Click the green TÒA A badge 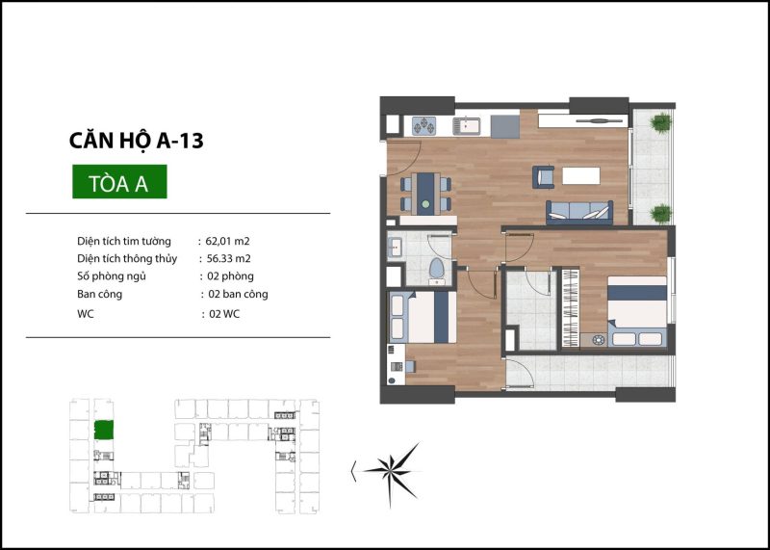tap(119, 181)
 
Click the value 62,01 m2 tap(228, 241)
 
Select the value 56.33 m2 tap(229, 258)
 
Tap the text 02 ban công tap(238, 294)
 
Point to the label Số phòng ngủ tap(112, 276)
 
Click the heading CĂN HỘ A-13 tap(136, 141)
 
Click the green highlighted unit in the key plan tap(104, 430)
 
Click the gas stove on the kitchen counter tap(423, 125)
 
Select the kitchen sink tap(467, 125)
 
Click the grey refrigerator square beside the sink tap(504, 127)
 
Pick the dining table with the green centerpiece tap(425, 194)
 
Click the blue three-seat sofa tap(579, 212)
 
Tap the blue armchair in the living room tap(543, 177)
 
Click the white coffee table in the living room tap(581, 175)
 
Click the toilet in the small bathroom tap(436, 271)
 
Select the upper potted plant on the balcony tap(660, 122)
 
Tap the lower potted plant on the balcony tap(660, 214)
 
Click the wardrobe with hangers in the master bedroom tap(571, 308)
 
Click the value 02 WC tap(224, 314)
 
